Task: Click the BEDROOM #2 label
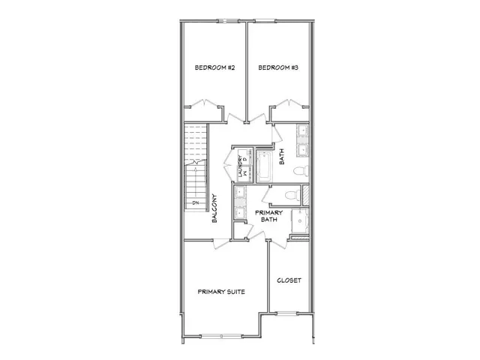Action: coord(215,68)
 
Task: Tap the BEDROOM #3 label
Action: coord(278,68)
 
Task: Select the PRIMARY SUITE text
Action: coord(221,292)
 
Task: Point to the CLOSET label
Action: coord(289,280)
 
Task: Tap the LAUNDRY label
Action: coord(240,166)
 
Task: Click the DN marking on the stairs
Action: coord(195,203)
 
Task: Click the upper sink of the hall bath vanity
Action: coord(301,133)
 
